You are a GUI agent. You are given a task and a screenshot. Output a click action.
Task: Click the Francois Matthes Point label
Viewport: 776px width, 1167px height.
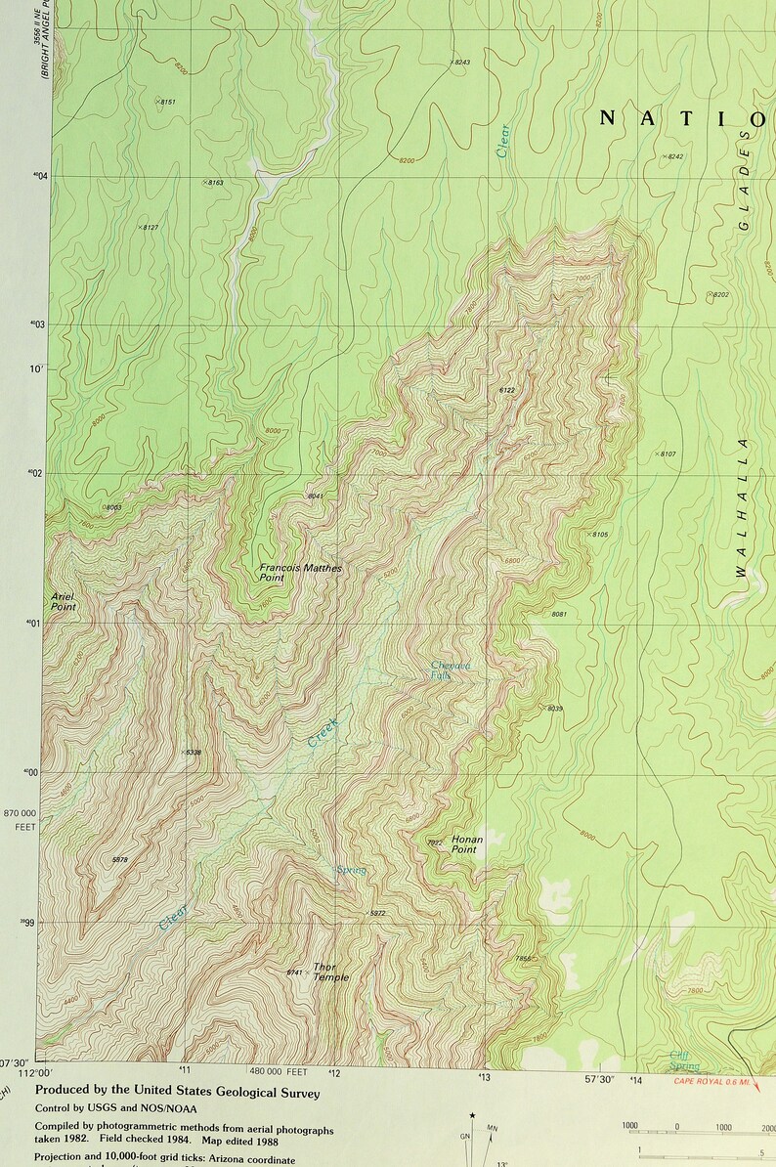click(x=301, y=573)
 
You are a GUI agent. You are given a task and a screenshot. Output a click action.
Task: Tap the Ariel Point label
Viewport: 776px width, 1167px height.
click(x=64, y=601)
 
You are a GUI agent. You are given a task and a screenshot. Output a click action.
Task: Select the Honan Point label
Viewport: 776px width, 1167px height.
click(x=466, y=844)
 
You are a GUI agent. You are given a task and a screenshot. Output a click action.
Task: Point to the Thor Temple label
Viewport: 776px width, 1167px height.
click(x=330, y=972)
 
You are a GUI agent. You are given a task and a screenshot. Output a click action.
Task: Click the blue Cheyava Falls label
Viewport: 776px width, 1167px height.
click(x=451, y=670)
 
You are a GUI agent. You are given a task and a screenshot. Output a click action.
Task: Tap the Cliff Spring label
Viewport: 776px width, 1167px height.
click(x=684, y=1060)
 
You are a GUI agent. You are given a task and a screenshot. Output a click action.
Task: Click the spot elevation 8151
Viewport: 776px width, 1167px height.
click(x=167, y=102)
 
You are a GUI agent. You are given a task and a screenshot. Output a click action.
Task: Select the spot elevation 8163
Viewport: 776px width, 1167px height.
click(x=214, y=183)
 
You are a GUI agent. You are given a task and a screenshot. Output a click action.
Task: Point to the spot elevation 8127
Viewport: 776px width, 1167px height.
click(x=149, y=228)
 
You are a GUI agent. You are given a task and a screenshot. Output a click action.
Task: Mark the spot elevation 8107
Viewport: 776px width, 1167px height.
click(x=667, y=454)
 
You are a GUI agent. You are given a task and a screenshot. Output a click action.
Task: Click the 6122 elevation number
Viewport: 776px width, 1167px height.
click(x=506, y=390)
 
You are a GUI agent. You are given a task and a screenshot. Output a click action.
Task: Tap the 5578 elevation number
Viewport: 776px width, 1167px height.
click(x=120, y=859)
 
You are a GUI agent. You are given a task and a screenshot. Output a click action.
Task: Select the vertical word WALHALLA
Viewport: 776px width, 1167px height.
click(x=742, y=507)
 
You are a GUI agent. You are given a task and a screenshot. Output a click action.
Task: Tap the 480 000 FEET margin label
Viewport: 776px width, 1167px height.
click(x=278, y=1072)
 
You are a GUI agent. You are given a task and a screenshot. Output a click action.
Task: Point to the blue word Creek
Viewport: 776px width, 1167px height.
click(x=323, y=732)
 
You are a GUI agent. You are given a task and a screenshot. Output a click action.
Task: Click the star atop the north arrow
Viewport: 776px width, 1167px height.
click(x=472, y=1114)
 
